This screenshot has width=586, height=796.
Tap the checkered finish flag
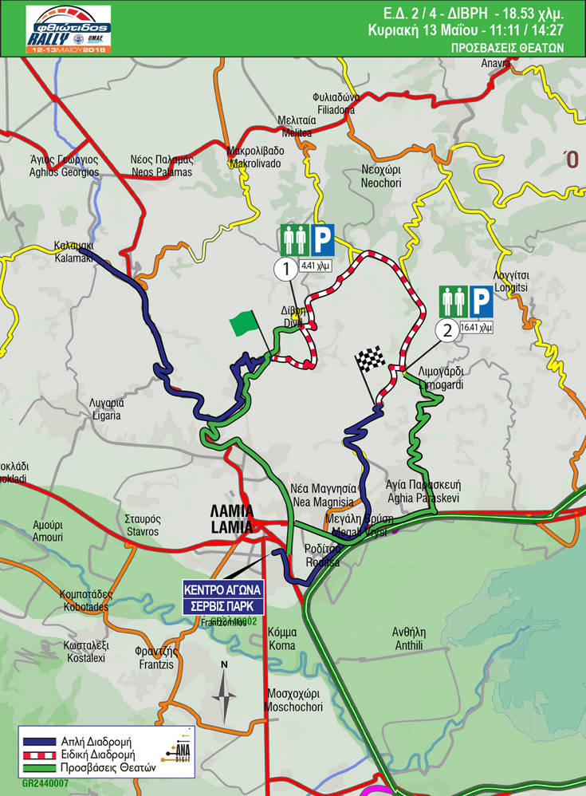tap(369, 360)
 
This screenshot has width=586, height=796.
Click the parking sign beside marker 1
tap(322, 240)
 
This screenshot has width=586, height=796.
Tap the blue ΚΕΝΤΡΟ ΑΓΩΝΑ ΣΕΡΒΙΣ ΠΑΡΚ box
tap(223, 596)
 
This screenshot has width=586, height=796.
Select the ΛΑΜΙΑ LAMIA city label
tap(233, 518)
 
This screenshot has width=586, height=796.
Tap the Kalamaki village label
tap(74, 252)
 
